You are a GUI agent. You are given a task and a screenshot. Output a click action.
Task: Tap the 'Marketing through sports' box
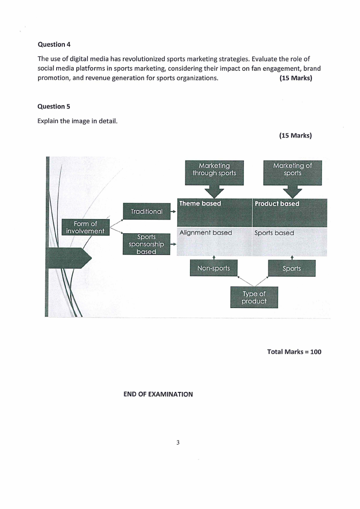(214, 169)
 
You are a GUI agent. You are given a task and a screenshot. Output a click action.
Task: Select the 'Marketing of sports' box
(292, 169)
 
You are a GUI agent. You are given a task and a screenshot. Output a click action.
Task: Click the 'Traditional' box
(146, 211)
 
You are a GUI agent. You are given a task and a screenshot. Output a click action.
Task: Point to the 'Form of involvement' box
(85, 227)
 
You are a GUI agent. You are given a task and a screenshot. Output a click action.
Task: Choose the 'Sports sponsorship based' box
(146, 244)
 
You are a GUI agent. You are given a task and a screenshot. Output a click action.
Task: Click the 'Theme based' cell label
(200, 204)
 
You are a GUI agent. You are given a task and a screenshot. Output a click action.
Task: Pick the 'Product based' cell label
(277, 204)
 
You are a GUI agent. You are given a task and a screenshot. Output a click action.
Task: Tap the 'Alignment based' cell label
(205, 233)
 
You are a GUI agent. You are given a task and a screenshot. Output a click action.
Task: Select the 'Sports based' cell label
(274, 233)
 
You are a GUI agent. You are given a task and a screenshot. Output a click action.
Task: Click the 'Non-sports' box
(213, 268)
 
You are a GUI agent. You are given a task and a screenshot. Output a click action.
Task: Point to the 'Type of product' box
(254, 297)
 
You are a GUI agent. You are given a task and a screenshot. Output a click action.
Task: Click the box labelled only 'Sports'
(292, 268)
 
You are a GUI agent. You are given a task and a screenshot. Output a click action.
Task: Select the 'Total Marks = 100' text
(294, 352)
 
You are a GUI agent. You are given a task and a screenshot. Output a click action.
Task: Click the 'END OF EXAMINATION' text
(158, 394)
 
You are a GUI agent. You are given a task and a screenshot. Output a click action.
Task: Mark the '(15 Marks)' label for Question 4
(296, 78)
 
